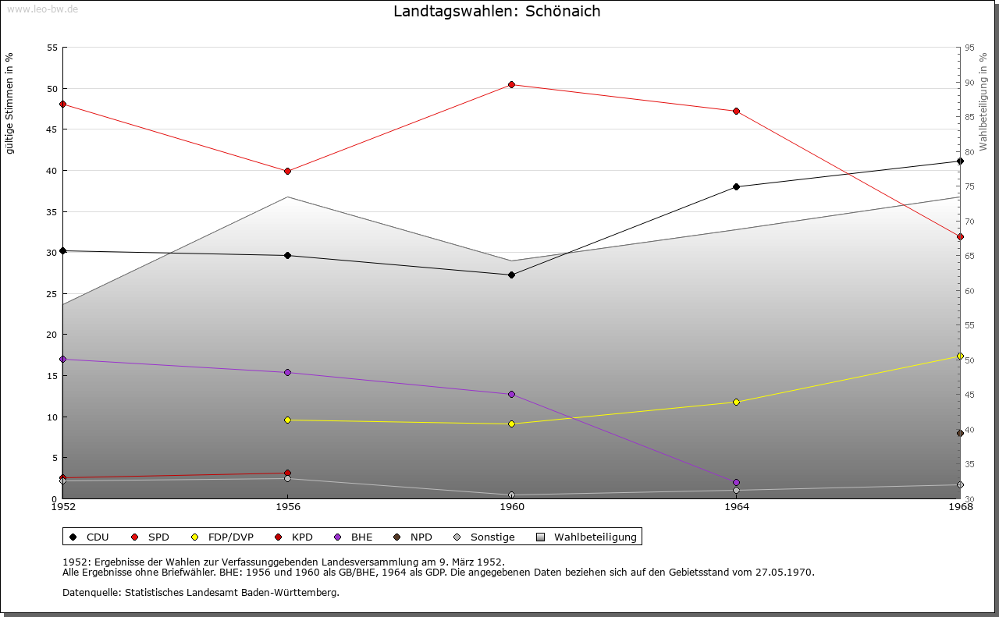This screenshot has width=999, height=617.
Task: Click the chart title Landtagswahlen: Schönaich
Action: [x=497, y=11]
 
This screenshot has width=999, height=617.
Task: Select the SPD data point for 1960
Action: [x=511, y=84]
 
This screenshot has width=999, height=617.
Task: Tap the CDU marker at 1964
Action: [x=736, y=186]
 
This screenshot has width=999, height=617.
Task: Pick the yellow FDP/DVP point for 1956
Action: [x=287, y=420]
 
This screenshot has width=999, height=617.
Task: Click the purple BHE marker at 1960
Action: [x=511, y=394]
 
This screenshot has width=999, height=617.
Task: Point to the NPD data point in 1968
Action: [x=960, y=433]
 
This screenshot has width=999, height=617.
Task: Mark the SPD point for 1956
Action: [x=287, y=171]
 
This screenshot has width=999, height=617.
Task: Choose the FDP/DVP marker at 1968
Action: [x=960, y=356]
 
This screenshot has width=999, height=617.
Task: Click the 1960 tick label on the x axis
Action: [x=512, y=507]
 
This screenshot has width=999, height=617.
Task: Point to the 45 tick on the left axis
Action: [x=52, y=129]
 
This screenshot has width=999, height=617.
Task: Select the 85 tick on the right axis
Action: [x=969, y=117]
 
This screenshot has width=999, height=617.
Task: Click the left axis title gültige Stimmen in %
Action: [x=10, y=103]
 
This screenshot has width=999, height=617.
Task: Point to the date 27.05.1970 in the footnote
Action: [x=784, y=572]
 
